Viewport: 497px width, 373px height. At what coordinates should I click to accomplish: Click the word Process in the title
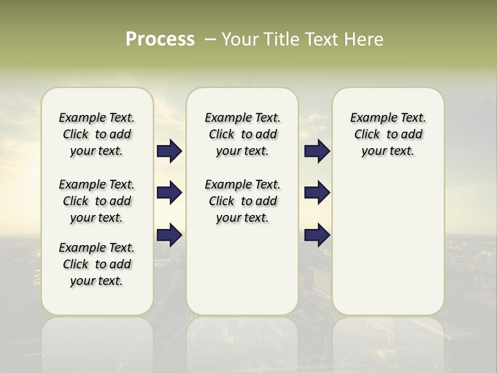(x=160, y=39)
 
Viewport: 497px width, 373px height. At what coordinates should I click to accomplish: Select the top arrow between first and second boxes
(x=169, y=151)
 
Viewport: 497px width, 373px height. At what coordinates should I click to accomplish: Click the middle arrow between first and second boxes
(x=169, y=193)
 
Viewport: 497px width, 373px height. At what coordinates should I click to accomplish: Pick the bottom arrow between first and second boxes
(x=169, y=235)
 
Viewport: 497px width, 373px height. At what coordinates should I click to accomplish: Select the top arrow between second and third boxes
(x=317, y=151)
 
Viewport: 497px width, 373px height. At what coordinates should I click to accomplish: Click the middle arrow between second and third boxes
(x=317, y=193)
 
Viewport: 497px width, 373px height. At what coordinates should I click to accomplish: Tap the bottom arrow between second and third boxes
(x=317, y=235)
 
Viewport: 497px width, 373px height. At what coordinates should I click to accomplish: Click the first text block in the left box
(x=97, y=134)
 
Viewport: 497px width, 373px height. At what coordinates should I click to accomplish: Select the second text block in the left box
(x=97, y=201)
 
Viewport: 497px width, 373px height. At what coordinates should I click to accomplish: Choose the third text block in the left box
(x=97, y=264)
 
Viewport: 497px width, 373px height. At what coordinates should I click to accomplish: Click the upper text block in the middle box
(x=242, y=134)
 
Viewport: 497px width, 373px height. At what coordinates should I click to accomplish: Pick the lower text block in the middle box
(x=242, y=201)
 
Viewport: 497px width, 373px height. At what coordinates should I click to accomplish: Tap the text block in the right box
(x=388, y=134)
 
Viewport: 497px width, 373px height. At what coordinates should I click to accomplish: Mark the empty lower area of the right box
(x=388, y=243)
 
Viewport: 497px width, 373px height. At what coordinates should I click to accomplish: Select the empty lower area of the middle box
(x=242, y=269)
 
